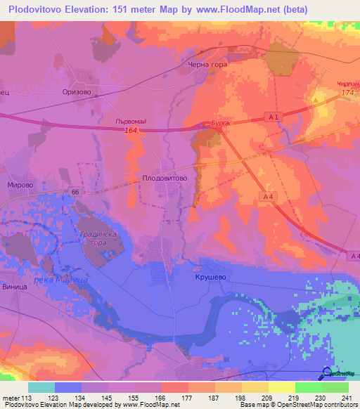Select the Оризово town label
click(77, 91)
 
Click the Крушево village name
click(209, 278)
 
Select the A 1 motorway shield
click(274, 117)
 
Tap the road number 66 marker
click(75, 192)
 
